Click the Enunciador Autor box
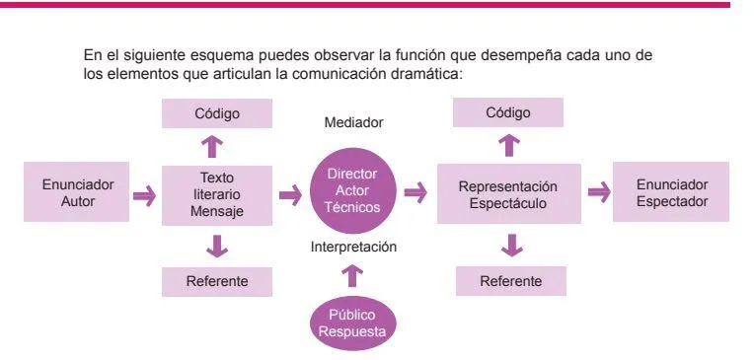click(x=79, y=192)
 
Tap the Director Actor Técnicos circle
click(x=352, y=190)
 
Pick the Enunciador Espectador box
click(x=670, y=191)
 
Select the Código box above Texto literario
click(x=217, y=113)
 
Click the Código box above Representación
click(x=508, y=112)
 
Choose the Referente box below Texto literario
click(x=217, y=281)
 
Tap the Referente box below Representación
click(x=510, y=281)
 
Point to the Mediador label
click(x=353, y=123)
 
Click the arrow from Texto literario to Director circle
click(x=290, y=195)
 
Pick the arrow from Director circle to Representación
click(x=415, y=192)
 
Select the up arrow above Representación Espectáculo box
click(x=509, y=146)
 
